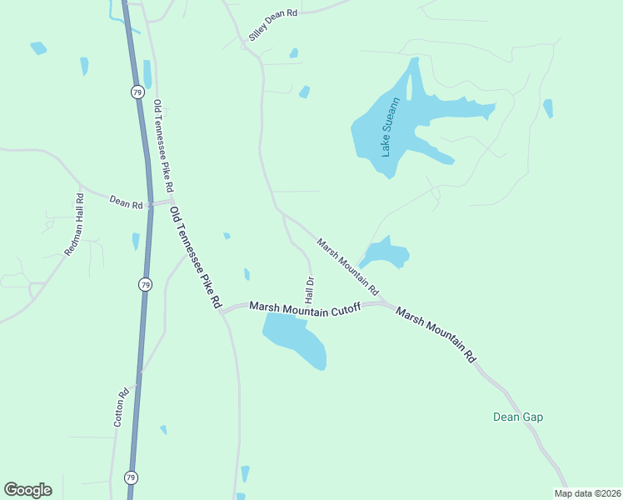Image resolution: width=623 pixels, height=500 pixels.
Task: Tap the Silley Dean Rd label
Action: click(272, 25)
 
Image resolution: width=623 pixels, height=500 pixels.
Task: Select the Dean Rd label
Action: click(127, 201)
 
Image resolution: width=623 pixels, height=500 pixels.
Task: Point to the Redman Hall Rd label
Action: click(74, 224)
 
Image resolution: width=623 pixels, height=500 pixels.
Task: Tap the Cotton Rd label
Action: click(120, 407)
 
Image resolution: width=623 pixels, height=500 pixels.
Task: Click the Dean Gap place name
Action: click(518, 417)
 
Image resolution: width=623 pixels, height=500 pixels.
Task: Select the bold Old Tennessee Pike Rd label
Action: click(196, 256)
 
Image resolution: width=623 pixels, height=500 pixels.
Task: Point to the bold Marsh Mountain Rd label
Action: click(436, 334)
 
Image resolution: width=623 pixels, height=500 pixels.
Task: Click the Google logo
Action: click(27, 489)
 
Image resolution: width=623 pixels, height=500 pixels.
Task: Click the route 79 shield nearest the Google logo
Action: click(131, 477)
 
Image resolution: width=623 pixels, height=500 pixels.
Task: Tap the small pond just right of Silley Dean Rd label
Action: click(293, 53)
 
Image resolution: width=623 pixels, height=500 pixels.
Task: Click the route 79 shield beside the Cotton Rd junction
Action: click(145, 284)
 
